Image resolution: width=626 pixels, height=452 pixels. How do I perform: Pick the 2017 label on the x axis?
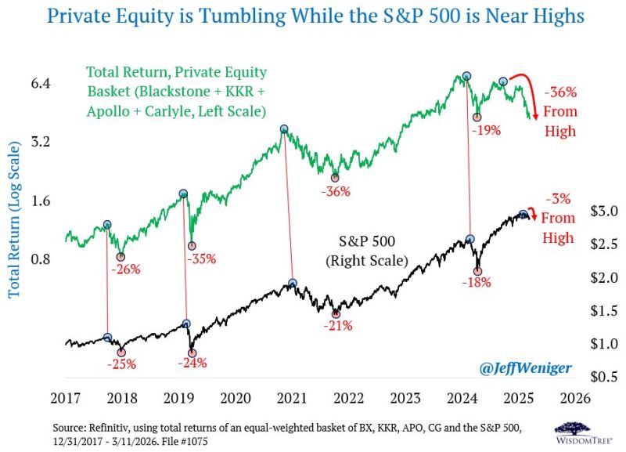click(x=68, y=397)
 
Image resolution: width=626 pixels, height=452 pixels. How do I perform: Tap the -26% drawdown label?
click(x=125, y=269)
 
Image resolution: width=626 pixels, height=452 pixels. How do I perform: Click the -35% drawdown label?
click(x=200, y=259)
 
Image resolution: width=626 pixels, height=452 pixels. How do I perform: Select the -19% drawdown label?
click(x=485, y=130)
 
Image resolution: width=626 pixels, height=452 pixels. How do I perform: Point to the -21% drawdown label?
click(x=337, y=326)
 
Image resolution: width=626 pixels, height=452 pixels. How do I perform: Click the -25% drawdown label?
click(x=122, y=364)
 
